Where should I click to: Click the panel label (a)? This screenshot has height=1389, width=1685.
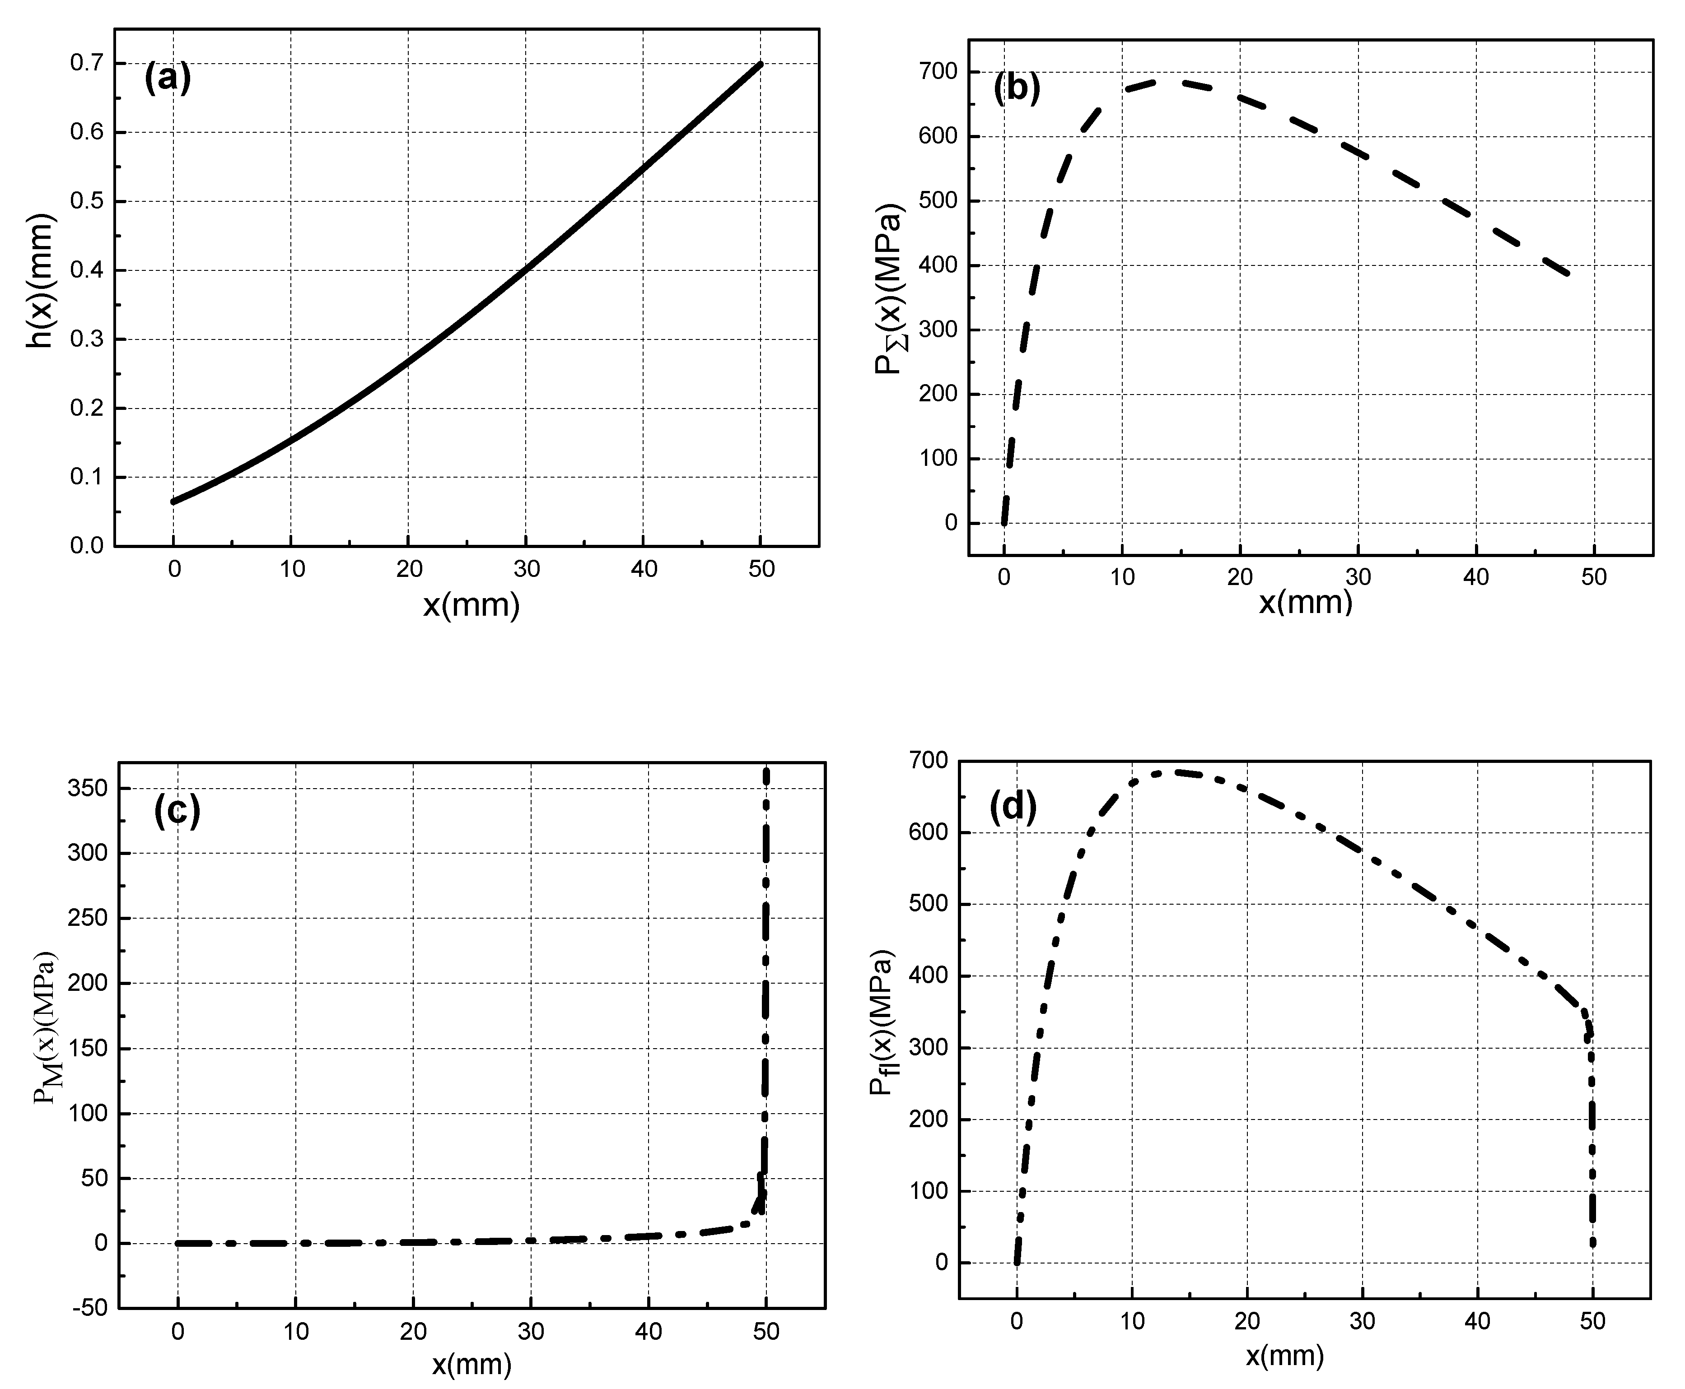click(x=167, y=79)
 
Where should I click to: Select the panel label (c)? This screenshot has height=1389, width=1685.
click(x=177, y=811)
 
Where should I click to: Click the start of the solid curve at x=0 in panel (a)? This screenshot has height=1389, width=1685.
click(x=173, y=502)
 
